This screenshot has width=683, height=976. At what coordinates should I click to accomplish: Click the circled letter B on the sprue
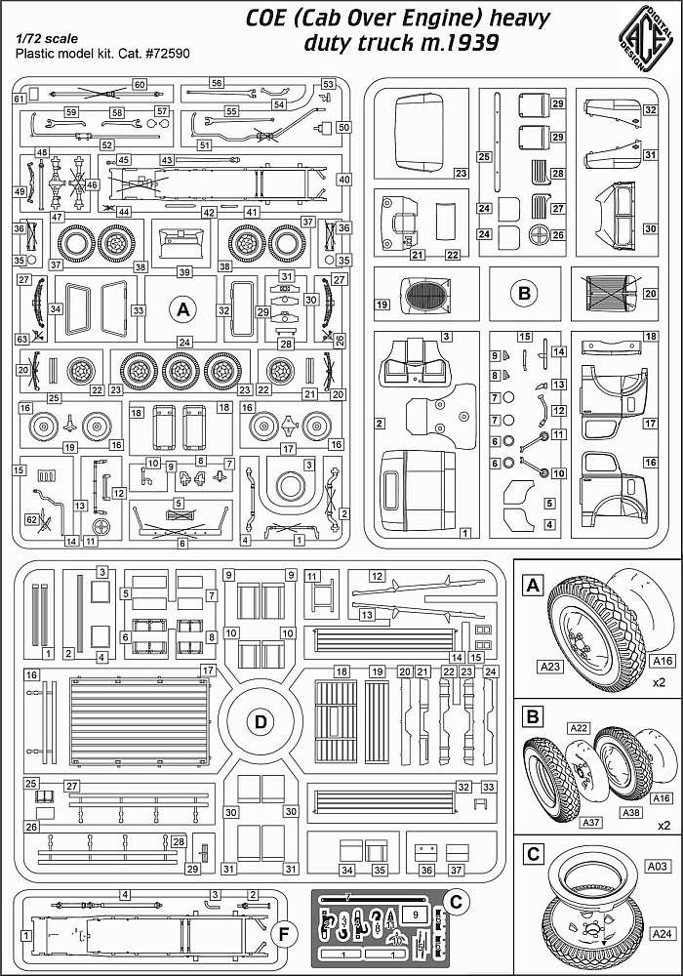pos(525,292)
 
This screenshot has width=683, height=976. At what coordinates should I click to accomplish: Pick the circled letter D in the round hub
pos(261,722)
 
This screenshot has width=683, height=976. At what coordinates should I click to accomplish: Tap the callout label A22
pos(581,728)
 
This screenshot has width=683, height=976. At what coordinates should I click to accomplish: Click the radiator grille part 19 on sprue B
pos(422,296)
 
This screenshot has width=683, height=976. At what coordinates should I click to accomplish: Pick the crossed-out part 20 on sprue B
pos(612,292)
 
